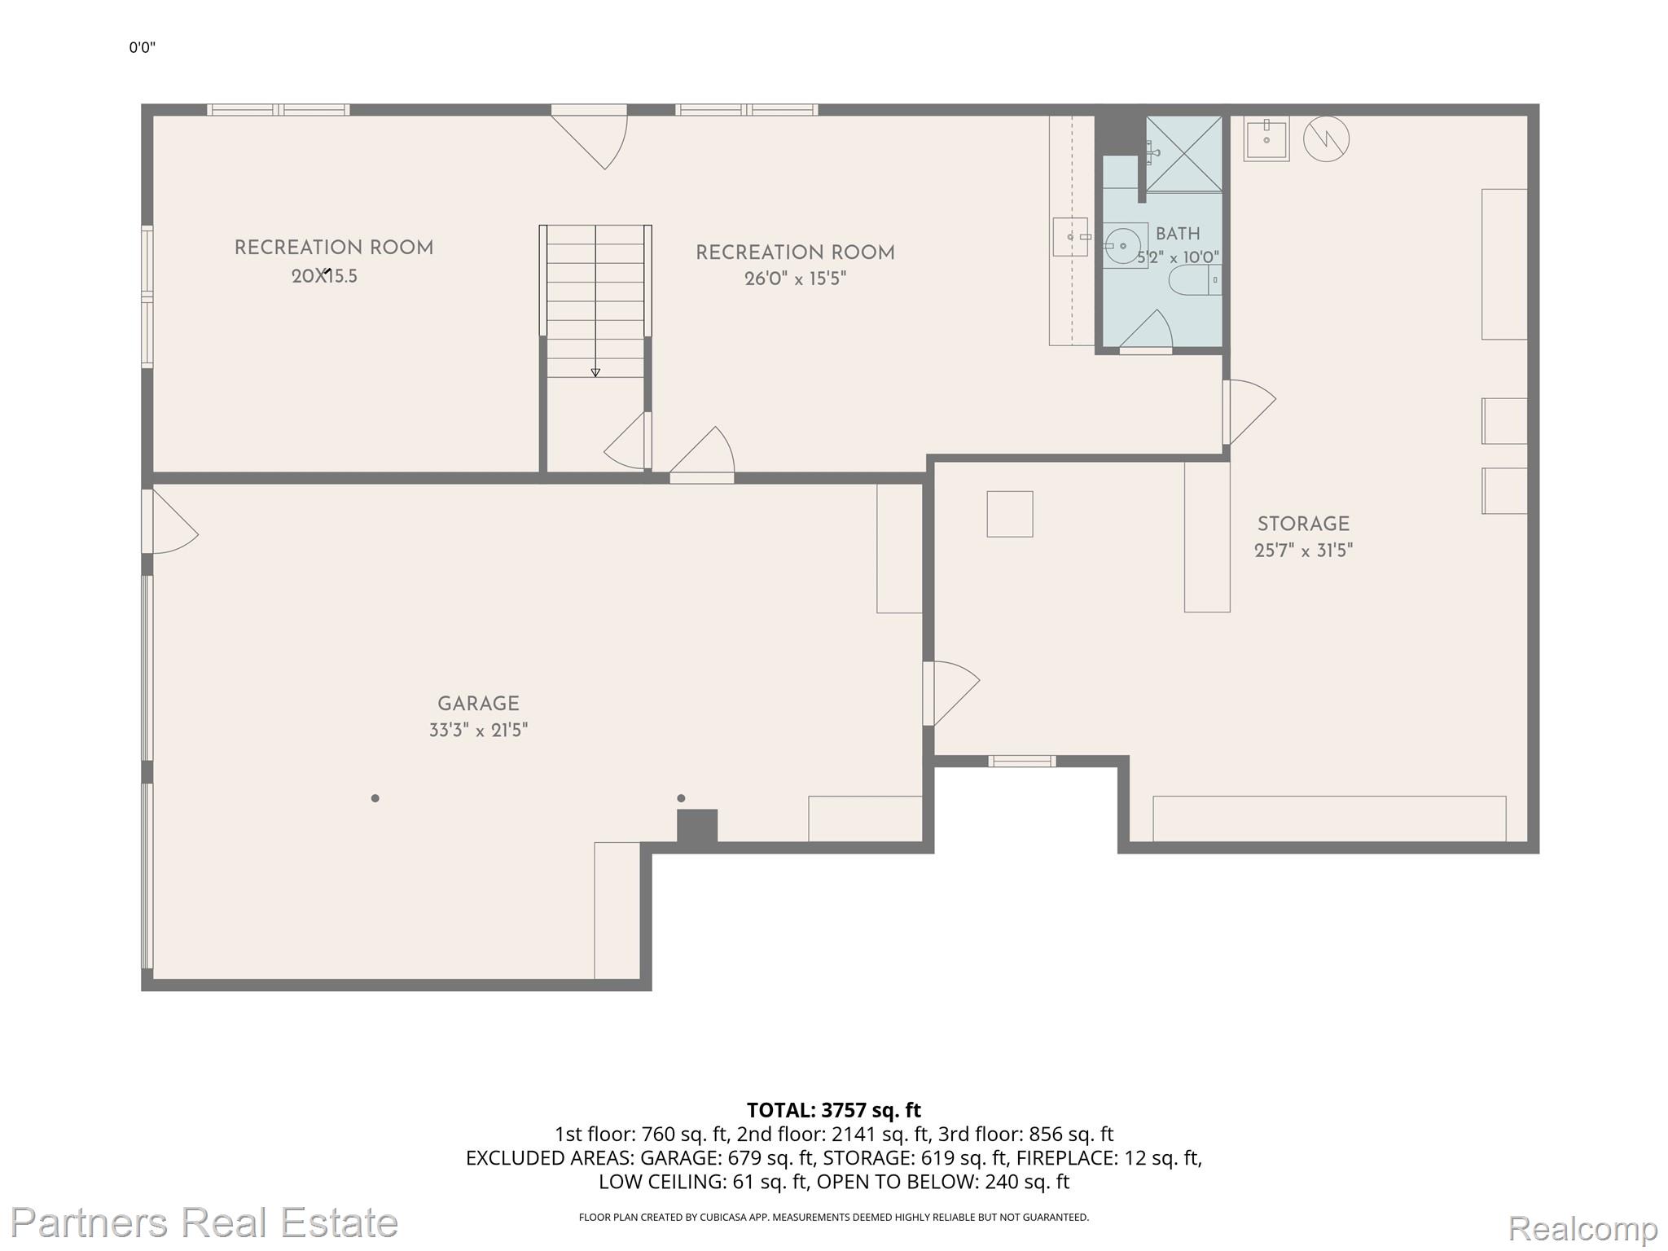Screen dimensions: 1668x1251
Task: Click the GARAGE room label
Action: click(478, 704)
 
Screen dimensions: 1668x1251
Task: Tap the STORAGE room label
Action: click(1303, 525)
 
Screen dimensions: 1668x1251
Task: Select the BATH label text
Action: click(1178, 234)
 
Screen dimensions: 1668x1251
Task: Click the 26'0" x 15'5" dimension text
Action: click(795, 279)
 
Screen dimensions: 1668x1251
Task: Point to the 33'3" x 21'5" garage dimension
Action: click(478, 731)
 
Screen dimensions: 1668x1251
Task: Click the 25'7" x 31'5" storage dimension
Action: click(1303, 551)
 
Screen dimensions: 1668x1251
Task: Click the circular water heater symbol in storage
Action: click(1326, 139)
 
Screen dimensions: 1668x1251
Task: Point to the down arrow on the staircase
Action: click(595, 372)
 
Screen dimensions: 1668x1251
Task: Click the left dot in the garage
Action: click(375, 798)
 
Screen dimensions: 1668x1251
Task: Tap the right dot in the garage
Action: click(681, 798)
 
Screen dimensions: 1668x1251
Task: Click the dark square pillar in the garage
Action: click(697, 826)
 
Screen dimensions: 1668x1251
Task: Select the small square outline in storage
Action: click(1010, 514)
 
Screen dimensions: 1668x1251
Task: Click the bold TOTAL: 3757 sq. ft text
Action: click(834, 1110)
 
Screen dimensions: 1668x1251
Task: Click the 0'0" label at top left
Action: click(142, 47)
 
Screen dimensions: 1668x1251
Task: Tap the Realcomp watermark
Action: click(1583, 1228)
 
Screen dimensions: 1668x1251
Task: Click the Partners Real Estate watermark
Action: click(204, 1222)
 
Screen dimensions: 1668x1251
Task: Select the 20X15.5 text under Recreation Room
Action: click(324, 276)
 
